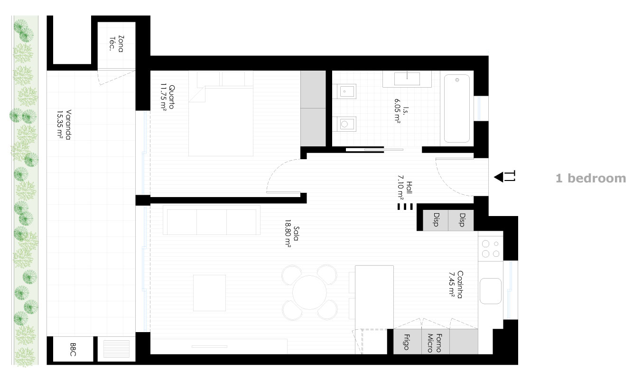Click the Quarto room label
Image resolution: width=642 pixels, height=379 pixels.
[x=171, y=97]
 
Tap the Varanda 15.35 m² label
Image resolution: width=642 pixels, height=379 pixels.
[x=64, y=125]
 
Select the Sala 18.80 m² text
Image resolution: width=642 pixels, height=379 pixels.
[x=292, y=234]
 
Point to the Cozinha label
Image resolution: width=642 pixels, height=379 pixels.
[x=460, y=285]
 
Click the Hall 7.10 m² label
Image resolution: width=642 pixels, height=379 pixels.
[x=404, y=187]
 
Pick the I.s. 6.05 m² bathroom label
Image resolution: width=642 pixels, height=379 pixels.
[x=401, y=111]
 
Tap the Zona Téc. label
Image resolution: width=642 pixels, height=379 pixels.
[x=117, y=44]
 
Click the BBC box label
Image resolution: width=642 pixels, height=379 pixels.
[x=73, y=350]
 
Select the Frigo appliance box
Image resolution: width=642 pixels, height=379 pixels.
[x=407, y=342]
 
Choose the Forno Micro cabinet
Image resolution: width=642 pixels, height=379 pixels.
[x=435, y=342]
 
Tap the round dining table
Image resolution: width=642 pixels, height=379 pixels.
[x=309, y=292]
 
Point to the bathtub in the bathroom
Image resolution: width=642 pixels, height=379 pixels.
[x=457, y=108]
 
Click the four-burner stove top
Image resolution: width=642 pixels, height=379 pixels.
[x=490, y=248]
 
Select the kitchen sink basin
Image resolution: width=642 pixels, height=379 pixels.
[x=491, y=291]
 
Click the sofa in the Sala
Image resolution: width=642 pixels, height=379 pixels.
[x=212, y=220]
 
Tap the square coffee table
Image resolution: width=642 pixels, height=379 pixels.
[x=209, y=293]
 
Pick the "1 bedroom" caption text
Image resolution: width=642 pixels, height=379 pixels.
[x=591, y=178]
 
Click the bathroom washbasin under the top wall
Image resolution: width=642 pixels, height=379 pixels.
[x=407, y=79]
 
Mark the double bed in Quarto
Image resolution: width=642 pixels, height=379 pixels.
[x=221, y=114]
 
